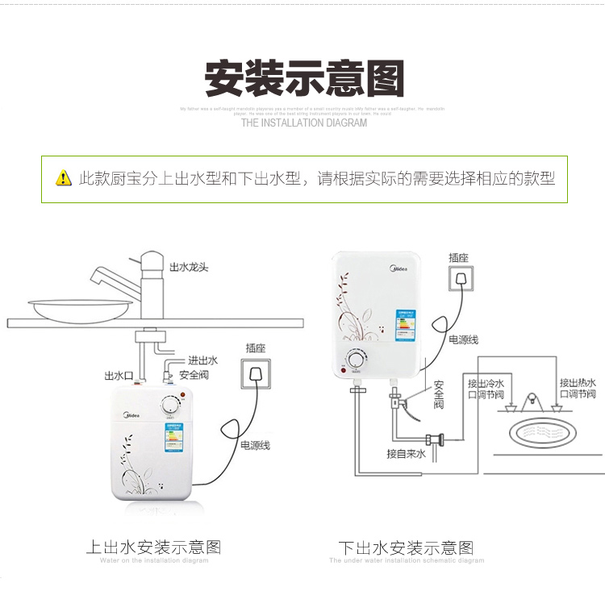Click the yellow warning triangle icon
pyautogui.click(x=63, y=178)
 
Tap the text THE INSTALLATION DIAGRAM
pyautogui.click(x=303, y=123)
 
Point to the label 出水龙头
pyautogui.click(x=190, y=267)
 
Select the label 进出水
pyautogui.click(x=202, y=360)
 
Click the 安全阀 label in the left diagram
pyautogui.click(x=194, y=375)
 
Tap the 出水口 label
pyautogui.click(x=118, y=376)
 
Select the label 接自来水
pyautogui.click(x=404, y=454)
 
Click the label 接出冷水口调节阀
pyautogui.click(x=486, y=389)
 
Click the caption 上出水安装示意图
pyautogui.click(x=153, y=547)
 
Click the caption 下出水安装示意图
pyautogui.click(x=406, y=548)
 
